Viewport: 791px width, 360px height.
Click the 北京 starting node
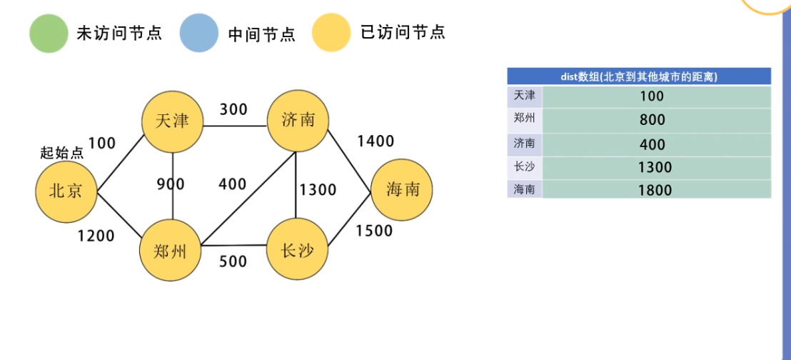click(66, 191)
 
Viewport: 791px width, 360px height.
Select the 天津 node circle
click(172, 121)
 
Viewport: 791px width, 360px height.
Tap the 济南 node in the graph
click(298, 121)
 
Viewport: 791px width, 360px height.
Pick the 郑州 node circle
click(171, 250)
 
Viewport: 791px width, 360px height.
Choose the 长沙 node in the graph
click(297, 250)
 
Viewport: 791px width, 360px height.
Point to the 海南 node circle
click(401, 190)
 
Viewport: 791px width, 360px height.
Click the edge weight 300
click(233, 109)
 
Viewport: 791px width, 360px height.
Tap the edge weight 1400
click(376, 141)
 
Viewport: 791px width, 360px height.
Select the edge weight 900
click(171, 184)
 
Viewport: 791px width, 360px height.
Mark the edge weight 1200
click(96, 235)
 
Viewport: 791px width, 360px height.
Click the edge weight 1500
click(374, 231)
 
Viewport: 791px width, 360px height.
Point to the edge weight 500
click(233, 261)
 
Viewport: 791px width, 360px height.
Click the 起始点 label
click(62, 153)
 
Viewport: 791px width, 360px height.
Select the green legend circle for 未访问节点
click(49, 34)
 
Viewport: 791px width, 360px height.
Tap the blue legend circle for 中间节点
click(199, 34)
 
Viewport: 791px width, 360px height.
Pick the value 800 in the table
click(653, 120)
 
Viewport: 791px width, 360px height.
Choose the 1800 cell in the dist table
click(655, 190)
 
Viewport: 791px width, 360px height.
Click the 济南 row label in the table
click(524, 144)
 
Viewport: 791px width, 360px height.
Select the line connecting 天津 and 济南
click(236, 125)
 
